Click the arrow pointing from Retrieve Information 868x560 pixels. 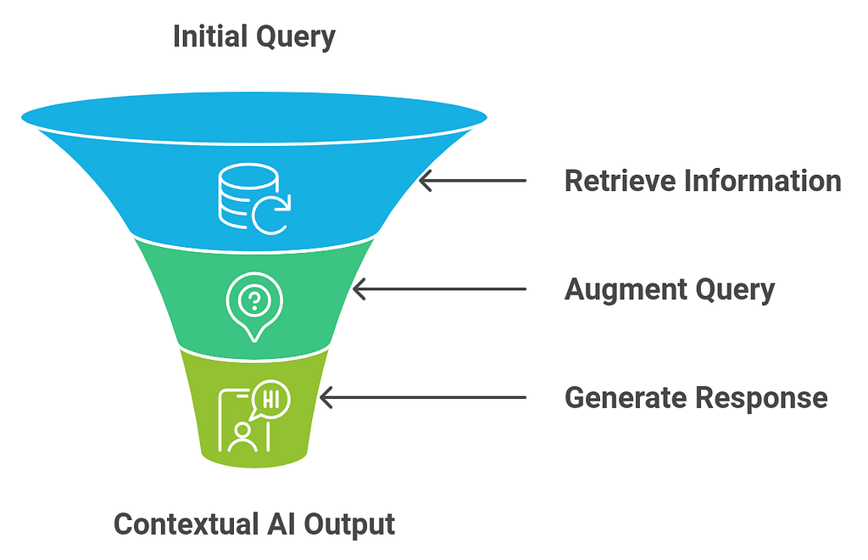coord(472,181)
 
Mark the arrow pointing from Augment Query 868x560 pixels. coord(438,290)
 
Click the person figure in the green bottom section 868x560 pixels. coord(243,434)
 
